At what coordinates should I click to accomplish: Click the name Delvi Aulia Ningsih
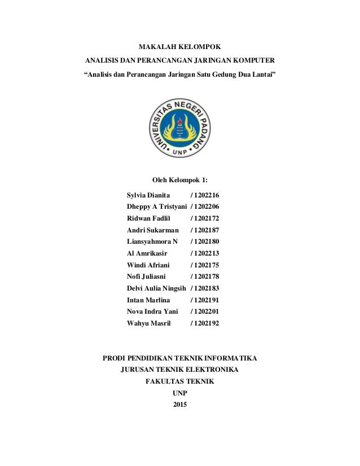click(157, 288)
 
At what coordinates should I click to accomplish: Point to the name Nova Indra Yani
click(153, 311)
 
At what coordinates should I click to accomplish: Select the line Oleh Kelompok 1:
click(180, 180)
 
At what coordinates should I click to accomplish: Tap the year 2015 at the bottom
click(179, 406)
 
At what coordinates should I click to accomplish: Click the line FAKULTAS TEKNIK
click(179, 382)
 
